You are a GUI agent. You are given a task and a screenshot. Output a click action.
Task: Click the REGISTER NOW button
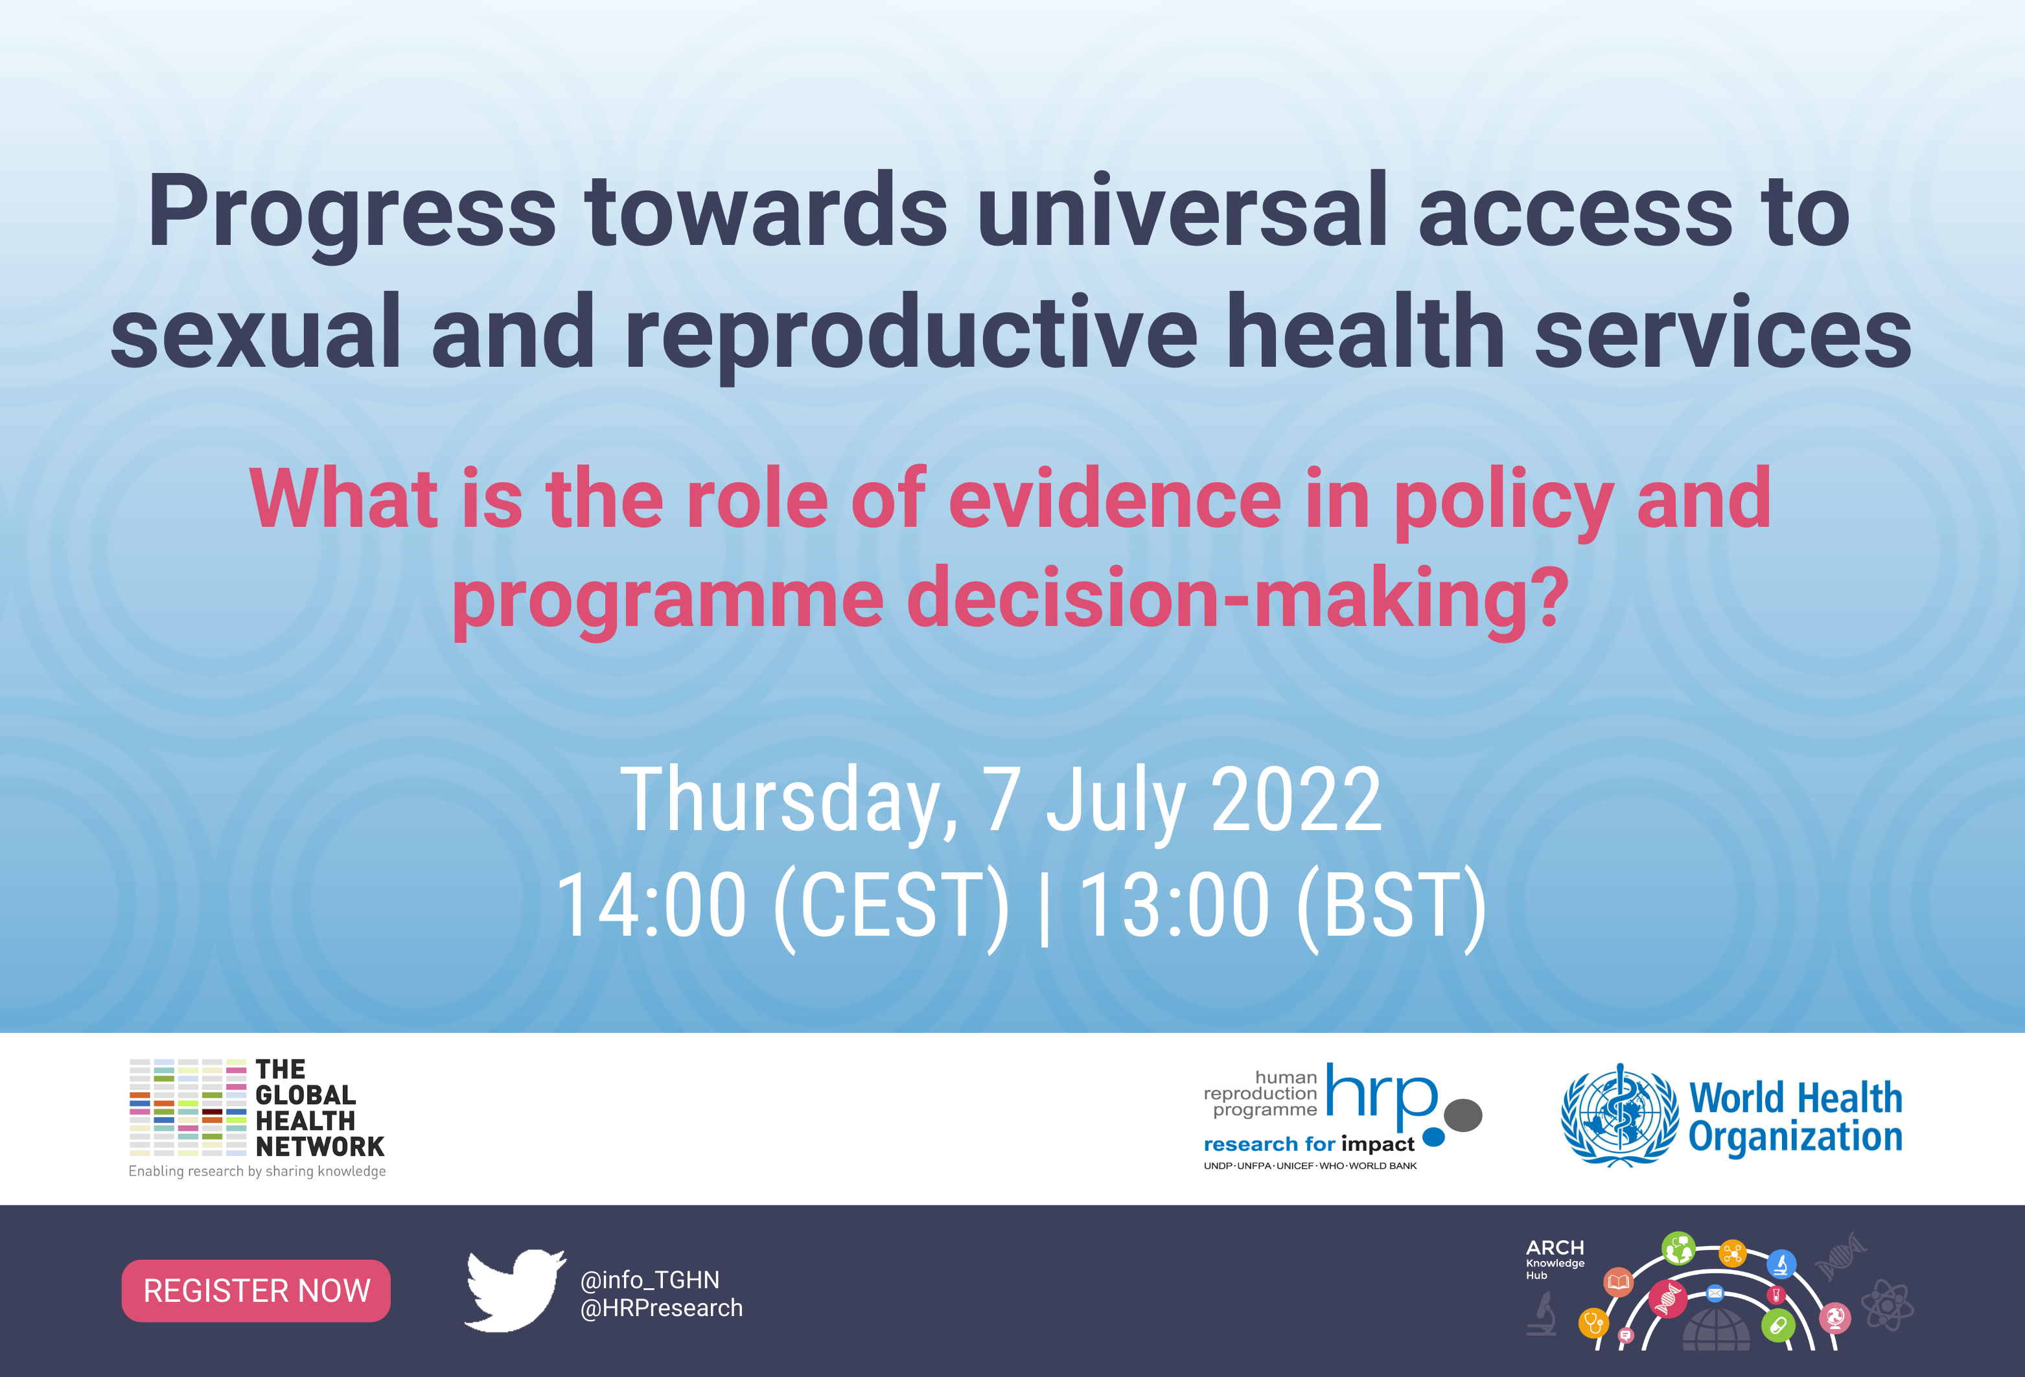coord(256,1291)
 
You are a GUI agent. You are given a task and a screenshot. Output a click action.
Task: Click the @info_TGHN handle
coord(650,1279)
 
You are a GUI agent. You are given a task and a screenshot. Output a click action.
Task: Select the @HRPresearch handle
coord(662,1308)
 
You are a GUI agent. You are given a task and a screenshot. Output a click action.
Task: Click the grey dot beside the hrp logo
coord(1463,1115)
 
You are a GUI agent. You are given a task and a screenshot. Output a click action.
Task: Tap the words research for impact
coord(1309,1144)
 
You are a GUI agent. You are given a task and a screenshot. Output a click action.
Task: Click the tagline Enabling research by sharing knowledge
coord(257,1172)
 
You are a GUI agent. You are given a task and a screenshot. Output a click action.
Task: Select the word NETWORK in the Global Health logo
coord(319,1147)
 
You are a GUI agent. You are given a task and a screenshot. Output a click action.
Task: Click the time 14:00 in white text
coord(651,905)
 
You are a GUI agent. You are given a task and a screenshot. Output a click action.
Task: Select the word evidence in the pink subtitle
coord(1115,498)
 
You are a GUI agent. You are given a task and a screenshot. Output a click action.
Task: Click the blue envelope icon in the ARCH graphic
coord(1714,1293)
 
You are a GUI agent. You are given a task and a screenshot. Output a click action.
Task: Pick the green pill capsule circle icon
coord(1777,1326)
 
